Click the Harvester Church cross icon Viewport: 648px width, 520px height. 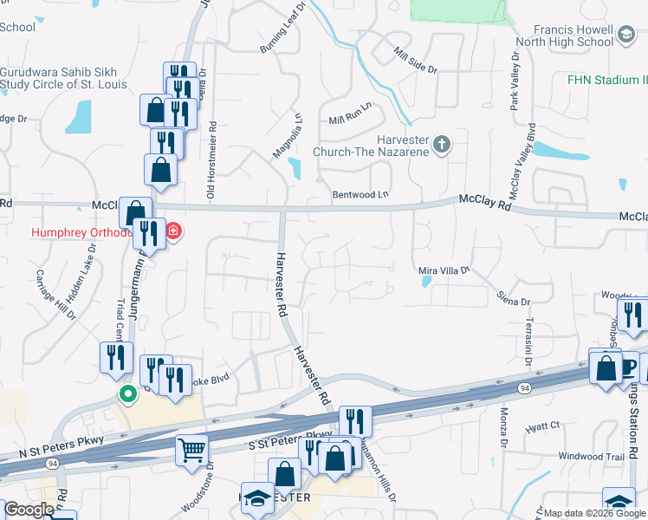coord(442,145)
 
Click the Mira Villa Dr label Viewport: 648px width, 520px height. coord(444,271)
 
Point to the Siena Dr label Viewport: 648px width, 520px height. coord(513,301)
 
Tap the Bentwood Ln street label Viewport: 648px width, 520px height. coord(360,195)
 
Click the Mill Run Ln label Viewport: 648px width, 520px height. coord(350,113)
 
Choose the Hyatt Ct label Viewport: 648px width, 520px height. coord(543,426)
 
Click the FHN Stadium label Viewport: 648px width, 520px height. coord(606,81)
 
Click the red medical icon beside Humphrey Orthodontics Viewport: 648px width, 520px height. coord(173,231)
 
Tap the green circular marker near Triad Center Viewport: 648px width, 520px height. coord(128,395)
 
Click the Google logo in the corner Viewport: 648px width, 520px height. coord(29,510)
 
